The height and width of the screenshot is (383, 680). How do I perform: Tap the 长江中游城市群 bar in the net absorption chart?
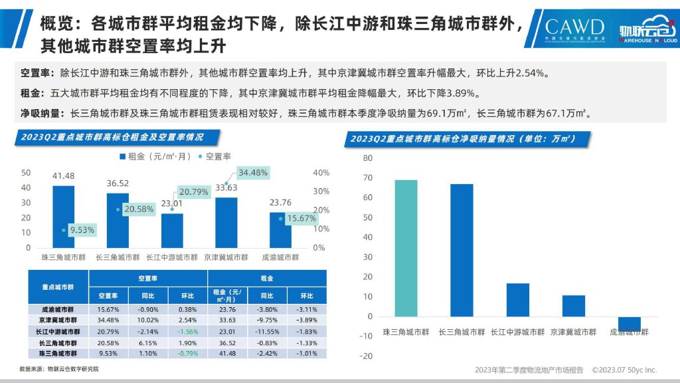click(518, 299)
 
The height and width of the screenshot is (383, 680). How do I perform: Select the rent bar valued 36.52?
click(118, 220)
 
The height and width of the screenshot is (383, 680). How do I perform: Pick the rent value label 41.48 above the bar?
click(64, 176)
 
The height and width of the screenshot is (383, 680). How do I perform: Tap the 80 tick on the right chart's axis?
click(368, 158)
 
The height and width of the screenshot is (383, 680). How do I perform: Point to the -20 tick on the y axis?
click(365, 356)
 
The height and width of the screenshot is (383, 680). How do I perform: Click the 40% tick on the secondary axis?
click(320, 173)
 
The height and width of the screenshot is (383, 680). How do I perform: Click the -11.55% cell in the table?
click(266, 331)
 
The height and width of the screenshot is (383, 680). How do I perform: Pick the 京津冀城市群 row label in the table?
click(57, 320)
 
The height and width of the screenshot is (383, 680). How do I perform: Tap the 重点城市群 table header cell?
click(57, 287)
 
